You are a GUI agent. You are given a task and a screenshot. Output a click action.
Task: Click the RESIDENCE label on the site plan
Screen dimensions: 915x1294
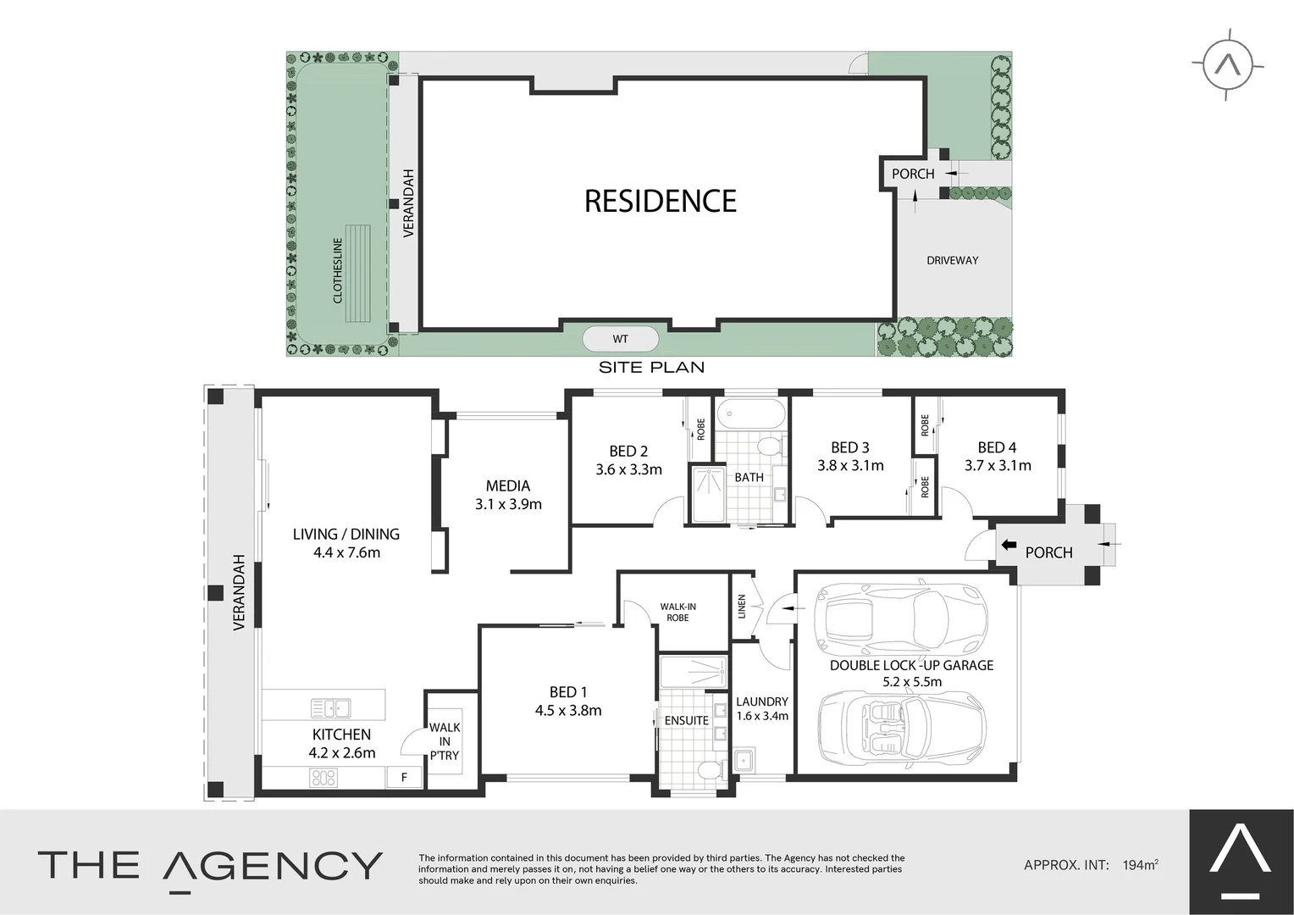pyautogui.click(x=661, y=201)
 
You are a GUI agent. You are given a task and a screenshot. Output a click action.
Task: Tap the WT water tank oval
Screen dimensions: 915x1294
pyautogui.click(x=621, y=339)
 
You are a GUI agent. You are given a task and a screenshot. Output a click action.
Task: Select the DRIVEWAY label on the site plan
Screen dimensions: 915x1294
pyautogui.click(x=952, y=260)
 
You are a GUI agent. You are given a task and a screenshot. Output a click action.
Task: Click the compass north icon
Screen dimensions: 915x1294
pyautogui.click(x=1228, y=64)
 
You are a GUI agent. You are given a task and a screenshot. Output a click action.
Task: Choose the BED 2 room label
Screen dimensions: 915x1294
pyautogui.click(x=628, y=451)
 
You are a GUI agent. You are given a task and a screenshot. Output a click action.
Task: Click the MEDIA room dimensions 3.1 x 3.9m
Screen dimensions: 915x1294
pyautogui.click(x=508, y=504)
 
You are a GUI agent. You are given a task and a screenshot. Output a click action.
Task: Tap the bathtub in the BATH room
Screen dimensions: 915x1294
pyautogui.click(x=750, y=415)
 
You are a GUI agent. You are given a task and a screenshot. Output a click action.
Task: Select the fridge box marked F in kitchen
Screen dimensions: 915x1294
pyautogui.click(x=404, y=776)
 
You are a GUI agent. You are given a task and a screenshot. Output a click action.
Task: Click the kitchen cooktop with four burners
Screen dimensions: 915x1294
pyautogui.click(x=324, y=776)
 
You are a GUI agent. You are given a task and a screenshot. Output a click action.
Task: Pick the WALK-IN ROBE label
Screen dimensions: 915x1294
pyautogui.click(x=677, y=612)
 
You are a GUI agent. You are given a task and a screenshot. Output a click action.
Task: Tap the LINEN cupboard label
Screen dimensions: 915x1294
pyautogui.click(x=742, y=606)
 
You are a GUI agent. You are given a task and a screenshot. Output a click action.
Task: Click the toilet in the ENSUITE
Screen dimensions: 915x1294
pyautogui.click(x=709, y=769)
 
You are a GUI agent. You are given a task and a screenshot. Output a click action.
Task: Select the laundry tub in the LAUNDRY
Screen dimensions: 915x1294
pyautogui.click(x=744, y=758)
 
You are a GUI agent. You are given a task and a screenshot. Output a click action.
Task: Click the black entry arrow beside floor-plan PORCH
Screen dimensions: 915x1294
pyautogui.click(x=1009, y=545)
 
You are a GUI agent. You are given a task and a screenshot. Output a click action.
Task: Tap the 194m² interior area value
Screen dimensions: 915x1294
pyautogui.click(x=1140, y=865)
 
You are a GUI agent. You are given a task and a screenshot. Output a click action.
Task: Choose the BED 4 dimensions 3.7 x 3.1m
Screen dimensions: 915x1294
pyautogui.click(x=998, y=465)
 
